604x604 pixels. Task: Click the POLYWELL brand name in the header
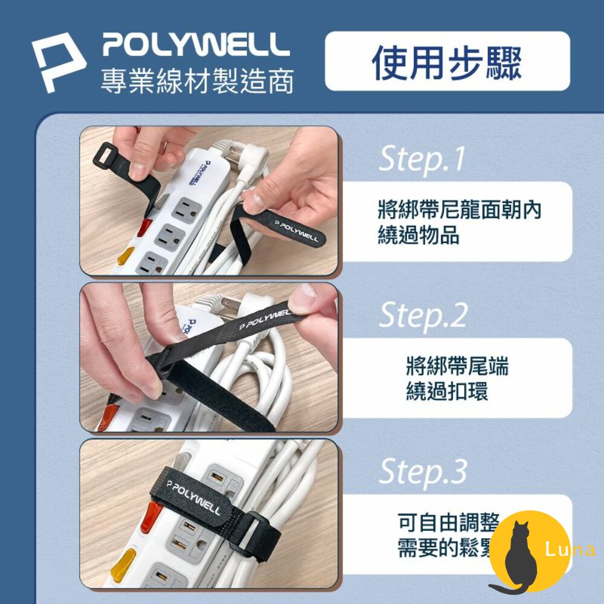[196, 45]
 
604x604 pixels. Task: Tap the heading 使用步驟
[447, 62]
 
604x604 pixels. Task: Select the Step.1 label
[422, 159]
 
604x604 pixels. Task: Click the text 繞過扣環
[447, 391]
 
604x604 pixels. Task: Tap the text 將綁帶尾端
[457, 366]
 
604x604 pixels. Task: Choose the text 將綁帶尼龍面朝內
[459, 210]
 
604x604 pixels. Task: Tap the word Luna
[569, 550]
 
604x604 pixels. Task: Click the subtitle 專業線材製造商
[197, 80]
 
